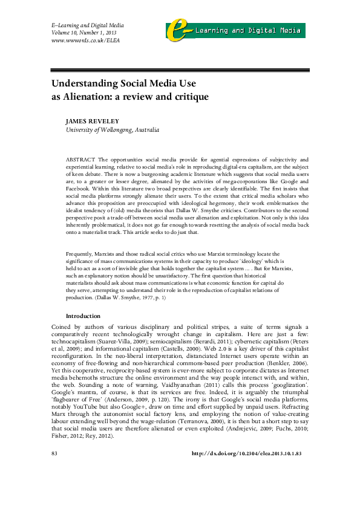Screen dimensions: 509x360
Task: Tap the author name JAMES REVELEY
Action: click(92, 120)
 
